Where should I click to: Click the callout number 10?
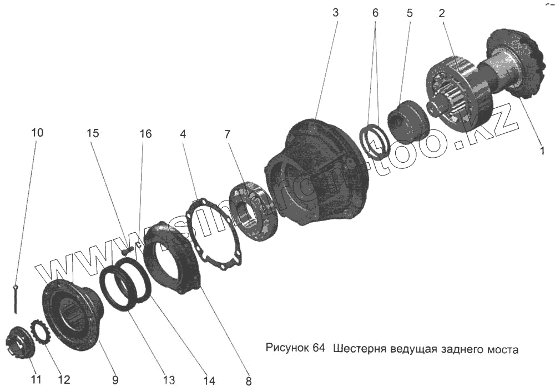coord(37,133)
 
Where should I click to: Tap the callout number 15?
coord(93,133)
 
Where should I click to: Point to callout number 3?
coord(335,13)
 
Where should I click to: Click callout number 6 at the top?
coord(375,13)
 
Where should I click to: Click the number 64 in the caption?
coord(318,349)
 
